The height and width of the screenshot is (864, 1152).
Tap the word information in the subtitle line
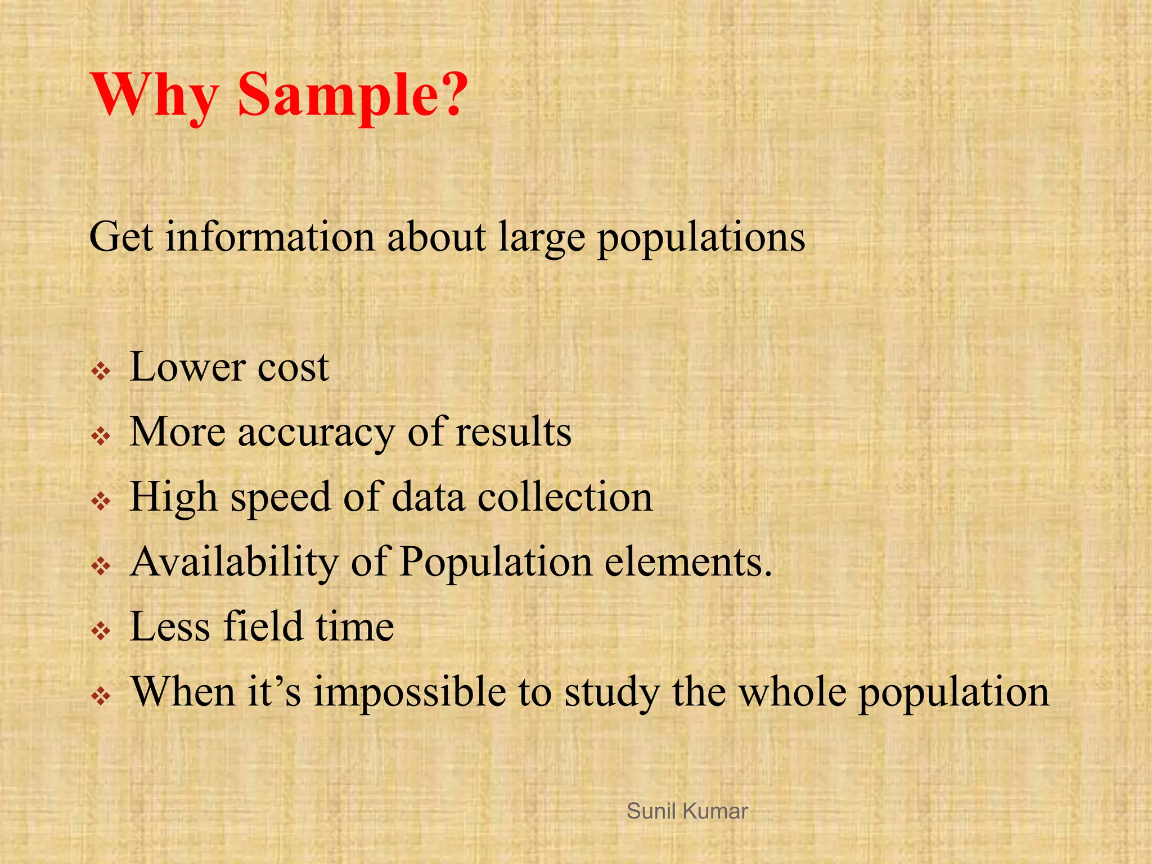[270, 237]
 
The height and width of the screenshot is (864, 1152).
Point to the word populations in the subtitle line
[701, 238]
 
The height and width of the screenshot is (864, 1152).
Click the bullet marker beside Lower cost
[101, 371]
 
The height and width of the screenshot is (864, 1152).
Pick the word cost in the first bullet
[293, 368]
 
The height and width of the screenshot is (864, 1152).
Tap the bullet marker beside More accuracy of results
[101, 436]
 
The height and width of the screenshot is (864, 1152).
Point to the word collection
[565, 497]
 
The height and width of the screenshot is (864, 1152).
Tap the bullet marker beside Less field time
[101, 631]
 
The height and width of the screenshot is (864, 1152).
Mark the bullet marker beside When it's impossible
[101, 696]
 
